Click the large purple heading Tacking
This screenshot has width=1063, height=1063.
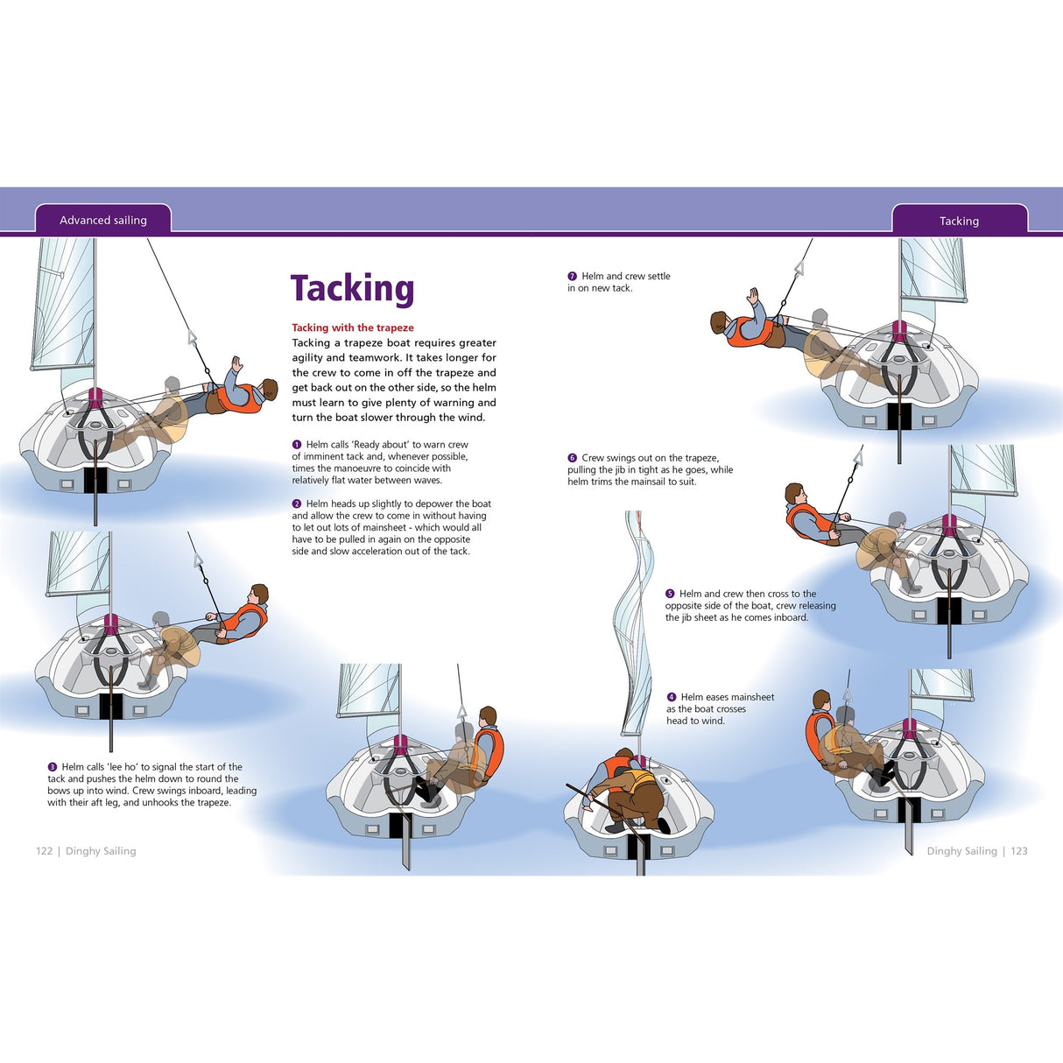pyautogui.click(x=352, y=288)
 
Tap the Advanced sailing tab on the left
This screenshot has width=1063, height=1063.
pyautogui.click(x=103, y=221)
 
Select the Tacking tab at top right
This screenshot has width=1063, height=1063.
pyautogui.click(x=959, y=222)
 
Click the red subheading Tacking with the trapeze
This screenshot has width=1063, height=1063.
pyautogui.click(x=353, y=327)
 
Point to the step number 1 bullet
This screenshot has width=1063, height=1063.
pyautogui.click(x=297, y=445)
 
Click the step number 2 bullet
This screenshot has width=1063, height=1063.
pyautogui.click(x=297, y=504)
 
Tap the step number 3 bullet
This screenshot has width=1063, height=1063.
pyautogui.click(x=53, y=767)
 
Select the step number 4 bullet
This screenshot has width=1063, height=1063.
pyautogui.click(x=672, y=698)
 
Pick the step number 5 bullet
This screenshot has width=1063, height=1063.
pyautogui.click(x=670, y=594)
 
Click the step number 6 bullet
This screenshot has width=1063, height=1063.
pyautogui.click(x=573, y=458)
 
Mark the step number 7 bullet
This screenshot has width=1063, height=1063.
pyautogui.click(x=573, y=277)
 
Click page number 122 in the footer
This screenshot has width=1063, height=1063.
pyautogui.click(x=45, y=851)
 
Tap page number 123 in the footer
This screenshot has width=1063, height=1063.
pyautogui.click(x=1019, y=851)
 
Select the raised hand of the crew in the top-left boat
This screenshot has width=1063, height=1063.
pyautogui.click(x=236, y=363)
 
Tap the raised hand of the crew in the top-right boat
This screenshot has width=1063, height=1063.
pyautogui.click(x=751, y=296)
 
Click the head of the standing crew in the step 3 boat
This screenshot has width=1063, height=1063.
pyautogui.click(x=488, y=716)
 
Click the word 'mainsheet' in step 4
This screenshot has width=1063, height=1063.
pyautogui.click(x=751, y=698)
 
